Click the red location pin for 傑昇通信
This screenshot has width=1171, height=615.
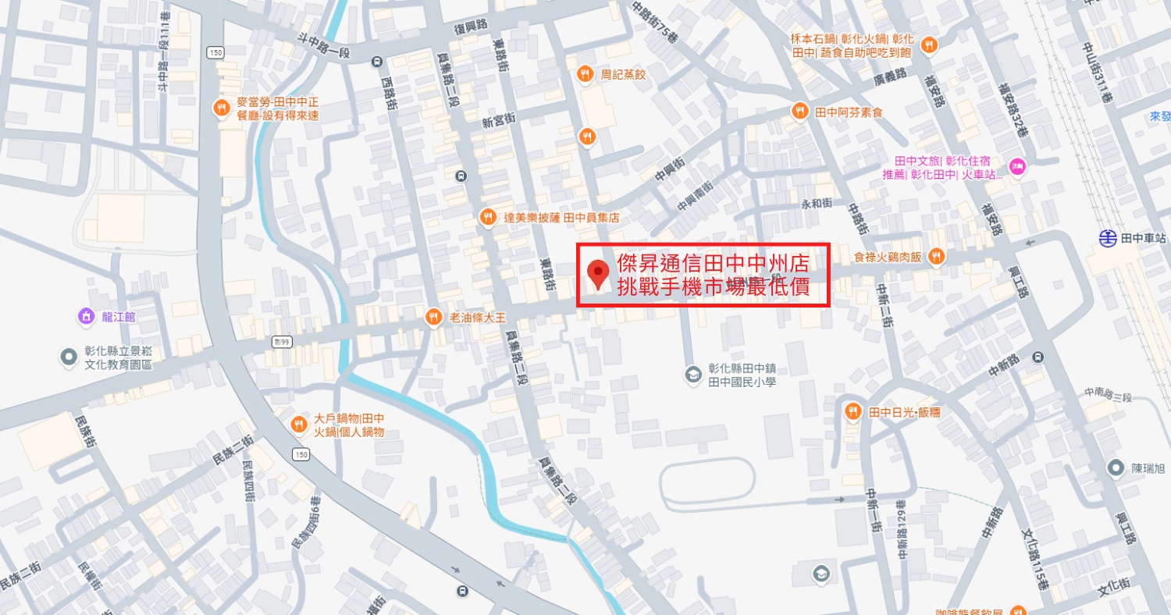[x=599, y=273]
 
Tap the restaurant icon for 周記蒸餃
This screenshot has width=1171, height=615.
[x=585, y=74]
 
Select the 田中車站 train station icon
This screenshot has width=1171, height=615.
[x=1107, y=237]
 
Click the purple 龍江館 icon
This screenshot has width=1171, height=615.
[x=85, y=316]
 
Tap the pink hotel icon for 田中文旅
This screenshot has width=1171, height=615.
[x=1016, y=165]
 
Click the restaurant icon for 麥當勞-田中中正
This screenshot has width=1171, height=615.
[x=222, y=108]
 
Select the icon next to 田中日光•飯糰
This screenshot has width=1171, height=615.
[x=853, y=411]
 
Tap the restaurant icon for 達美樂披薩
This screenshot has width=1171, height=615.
[x=488, y=218]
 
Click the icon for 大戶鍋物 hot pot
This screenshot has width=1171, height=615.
[x=298, y=425]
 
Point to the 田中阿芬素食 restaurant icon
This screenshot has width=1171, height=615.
[x=799, y=112]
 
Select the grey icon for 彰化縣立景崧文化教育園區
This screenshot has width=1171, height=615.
[x=69, y=357]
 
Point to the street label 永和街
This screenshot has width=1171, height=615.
[x=817, y=204]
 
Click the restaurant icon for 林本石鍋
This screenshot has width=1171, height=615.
[x=928, y=45]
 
